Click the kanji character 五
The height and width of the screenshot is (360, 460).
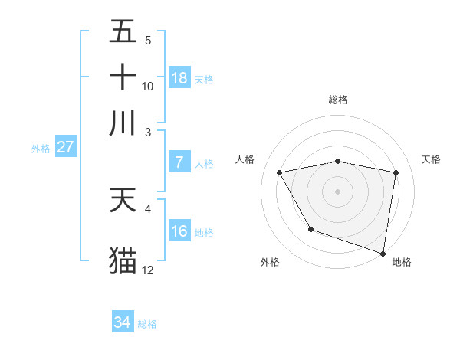click(123, 32)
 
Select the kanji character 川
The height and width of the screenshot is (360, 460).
click(123, 123)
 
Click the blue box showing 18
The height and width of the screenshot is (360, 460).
click(179, 78)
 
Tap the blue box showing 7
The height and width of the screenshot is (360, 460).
click(179, 162)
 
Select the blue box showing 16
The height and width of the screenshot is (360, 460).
click(179, 231)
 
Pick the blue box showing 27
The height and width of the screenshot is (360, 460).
click(65, 147)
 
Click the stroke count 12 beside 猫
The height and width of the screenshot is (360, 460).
click(148, 270)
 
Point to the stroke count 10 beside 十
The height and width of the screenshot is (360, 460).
click(148, 87)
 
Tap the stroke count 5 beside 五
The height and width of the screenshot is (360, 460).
click(147, 41)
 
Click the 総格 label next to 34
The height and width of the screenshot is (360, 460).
click(148, 324)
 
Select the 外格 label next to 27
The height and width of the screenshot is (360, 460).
click(41, 149)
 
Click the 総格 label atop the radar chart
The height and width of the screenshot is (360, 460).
click(338, 100)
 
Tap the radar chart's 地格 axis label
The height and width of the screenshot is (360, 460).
click(402, 263)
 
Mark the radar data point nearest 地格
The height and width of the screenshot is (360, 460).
click(383, 253)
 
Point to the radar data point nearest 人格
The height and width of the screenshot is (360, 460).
click(280, 173)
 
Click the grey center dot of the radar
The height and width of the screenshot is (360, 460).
click(338, 191)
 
